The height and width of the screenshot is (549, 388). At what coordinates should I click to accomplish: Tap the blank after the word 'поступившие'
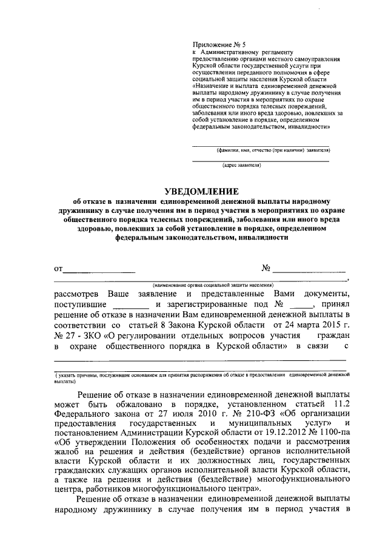click(x=131, y=305)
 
